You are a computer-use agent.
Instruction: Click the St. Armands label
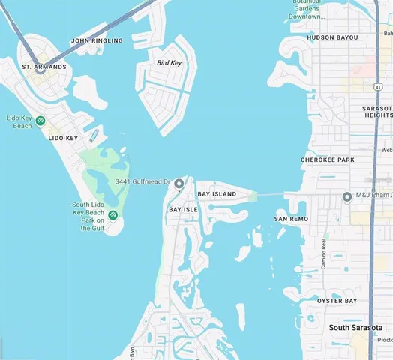pos(44,67)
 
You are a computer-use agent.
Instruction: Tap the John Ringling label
pos(96,40)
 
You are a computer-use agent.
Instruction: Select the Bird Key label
pos(169,63)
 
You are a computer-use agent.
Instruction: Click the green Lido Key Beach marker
pos(40,120)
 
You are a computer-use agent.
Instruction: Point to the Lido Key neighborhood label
pos(63,138)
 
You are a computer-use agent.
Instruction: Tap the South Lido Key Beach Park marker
pos(112,216)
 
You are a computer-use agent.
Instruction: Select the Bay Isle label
pos(183,209)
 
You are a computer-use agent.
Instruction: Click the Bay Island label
pos(217,194)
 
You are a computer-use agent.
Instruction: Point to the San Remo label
pos(291,219)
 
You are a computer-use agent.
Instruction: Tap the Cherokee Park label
pos(327,160)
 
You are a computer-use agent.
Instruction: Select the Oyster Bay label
pos(337,301)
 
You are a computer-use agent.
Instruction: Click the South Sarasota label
pos(355,328)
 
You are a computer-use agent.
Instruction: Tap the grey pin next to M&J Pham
pos(347,197)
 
